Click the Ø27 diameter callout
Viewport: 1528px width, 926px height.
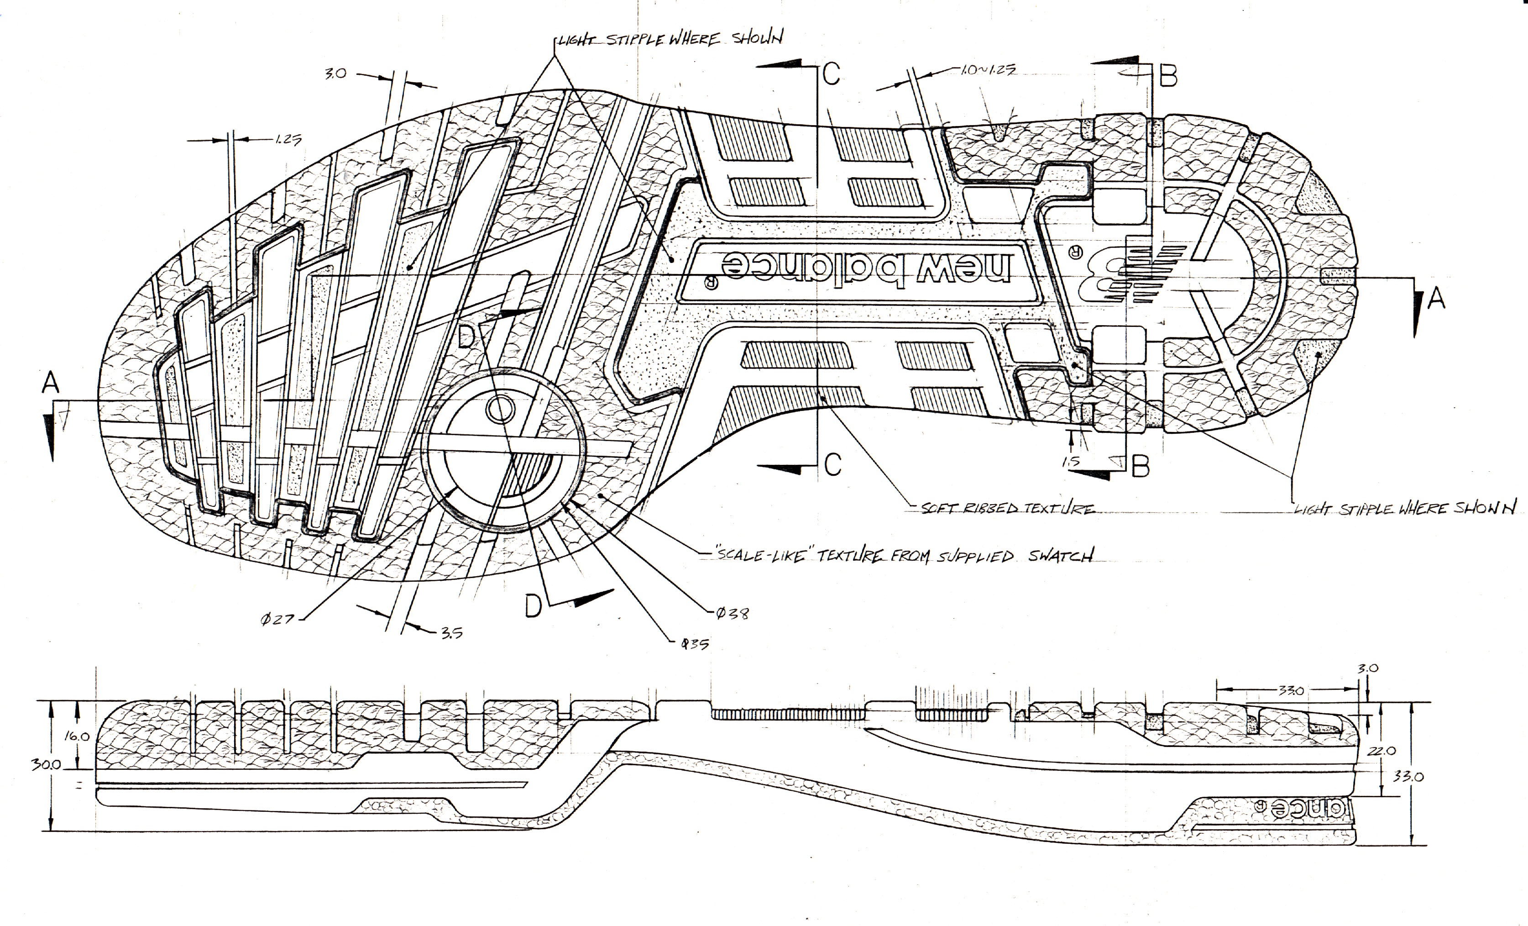coord(277,618)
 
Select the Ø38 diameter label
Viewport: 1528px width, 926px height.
coord(733,613)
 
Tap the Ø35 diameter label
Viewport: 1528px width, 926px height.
coord(695,644)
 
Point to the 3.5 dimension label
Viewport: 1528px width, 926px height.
coord(451,633)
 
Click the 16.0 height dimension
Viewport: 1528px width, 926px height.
coord(77,737)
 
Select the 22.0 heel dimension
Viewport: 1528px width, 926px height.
coord(1381,751)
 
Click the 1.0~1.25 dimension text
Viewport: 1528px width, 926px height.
coord(989,70)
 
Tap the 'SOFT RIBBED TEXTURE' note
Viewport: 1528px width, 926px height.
coord(1008,509)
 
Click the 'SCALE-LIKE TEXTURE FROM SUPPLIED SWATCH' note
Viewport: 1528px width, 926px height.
coord(905,555)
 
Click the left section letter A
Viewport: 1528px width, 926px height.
coord(51,382)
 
